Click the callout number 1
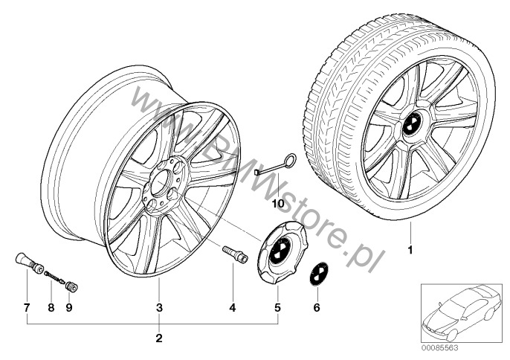coord(410,250)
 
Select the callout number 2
coord(159,338)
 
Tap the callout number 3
coord(159,308)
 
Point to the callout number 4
coord(233,308)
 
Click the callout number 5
coord(277,308)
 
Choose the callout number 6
coord(317,308)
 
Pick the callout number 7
coord(27,308)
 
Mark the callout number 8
coord(51,308)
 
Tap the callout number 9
coord(69,308)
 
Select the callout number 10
coord(278,204)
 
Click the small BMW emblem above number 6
coord(318,274)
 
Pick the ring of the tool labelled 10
coord(291,159)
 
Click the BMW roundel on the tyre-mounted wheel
coord(411,123)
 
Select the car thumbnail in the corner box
coord(461,313)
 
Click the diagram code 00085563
coord(440,348)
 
